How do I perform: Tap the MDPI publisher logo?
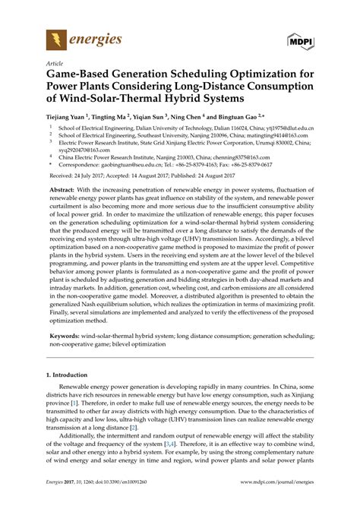point(302,39)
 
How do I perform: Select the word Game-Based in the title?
point(81,75)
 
